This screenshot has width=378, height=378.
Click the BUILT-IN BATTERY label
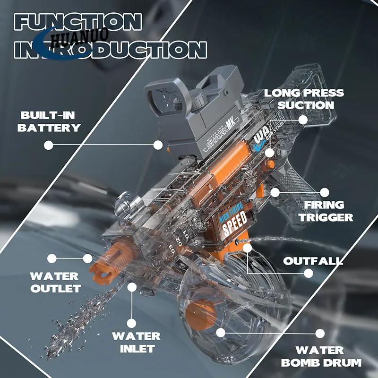pyautogui.click(x=50, y=121)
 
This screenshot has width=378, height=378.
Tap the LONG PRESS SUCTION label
pyautogui.click(x=304, y=99)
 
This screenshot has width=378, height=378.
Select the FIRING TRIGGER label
pyautogui.click(x=328, y=211)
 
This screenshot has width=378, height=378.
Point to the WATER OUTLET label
pyautogui.click(x=55, y=282)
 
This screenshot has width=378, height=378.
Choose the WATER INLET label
pyautogui.click(x=136, y=343)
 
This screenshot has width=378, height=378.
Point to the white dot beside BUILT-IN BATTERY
pyautogui.click(x=48, y=146)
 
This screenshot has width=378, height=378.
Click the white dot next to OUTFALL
pyautogui.click(x=308, y=273)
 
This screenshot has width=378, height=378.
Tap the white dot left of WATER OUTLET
pyautogui.click(x=52, y=258)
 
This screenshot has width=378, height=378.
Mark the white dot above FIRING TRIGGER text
pyautogui.click(x=325, y=192)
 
